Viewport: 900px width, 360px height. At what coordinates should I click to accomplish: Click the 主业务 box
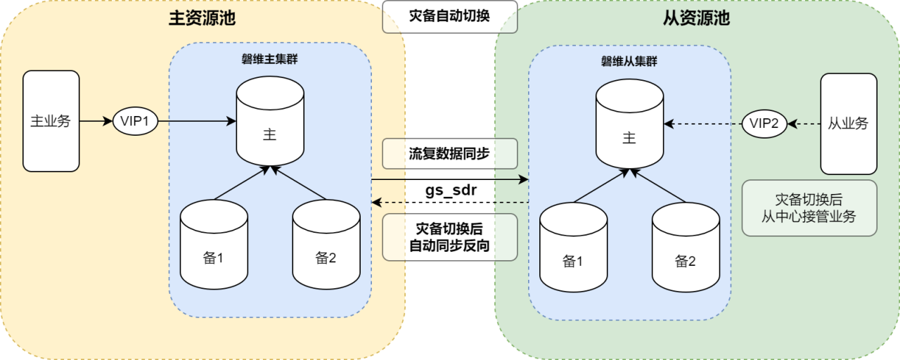pos(51,121)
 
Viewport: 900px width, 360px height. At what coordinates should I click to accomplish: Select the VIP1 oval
pos(135,121)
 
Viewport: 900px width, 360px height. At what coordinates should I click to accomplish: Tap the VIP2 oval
pos(764,124)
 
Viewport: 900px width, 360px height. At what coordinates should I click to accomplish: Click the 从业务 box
pos(849,124)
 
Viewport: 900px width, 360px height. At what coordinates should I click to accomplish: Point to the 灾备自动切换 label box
pos(449,17)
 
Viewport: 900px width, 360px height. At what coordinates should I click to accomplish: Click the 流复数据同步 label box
pos(449,154)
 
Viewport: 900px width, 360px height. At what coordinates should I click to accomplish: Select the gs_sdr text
pos(449,191)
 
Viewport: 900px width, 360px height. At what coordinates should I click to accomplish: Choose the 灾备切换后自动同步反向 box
pos(449,238)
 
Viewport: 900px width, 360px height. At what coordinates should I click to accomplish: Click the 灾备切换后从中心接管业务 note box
pos(809,208)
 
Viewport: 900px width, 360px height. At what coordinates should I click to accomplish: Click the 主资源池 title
pos(202,19)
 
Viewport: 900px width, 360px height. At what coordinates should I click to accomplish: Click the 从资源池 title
pos(697,19)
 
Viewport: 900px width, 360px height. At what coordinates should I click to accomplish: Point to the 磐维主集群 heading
pos(270,59)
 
